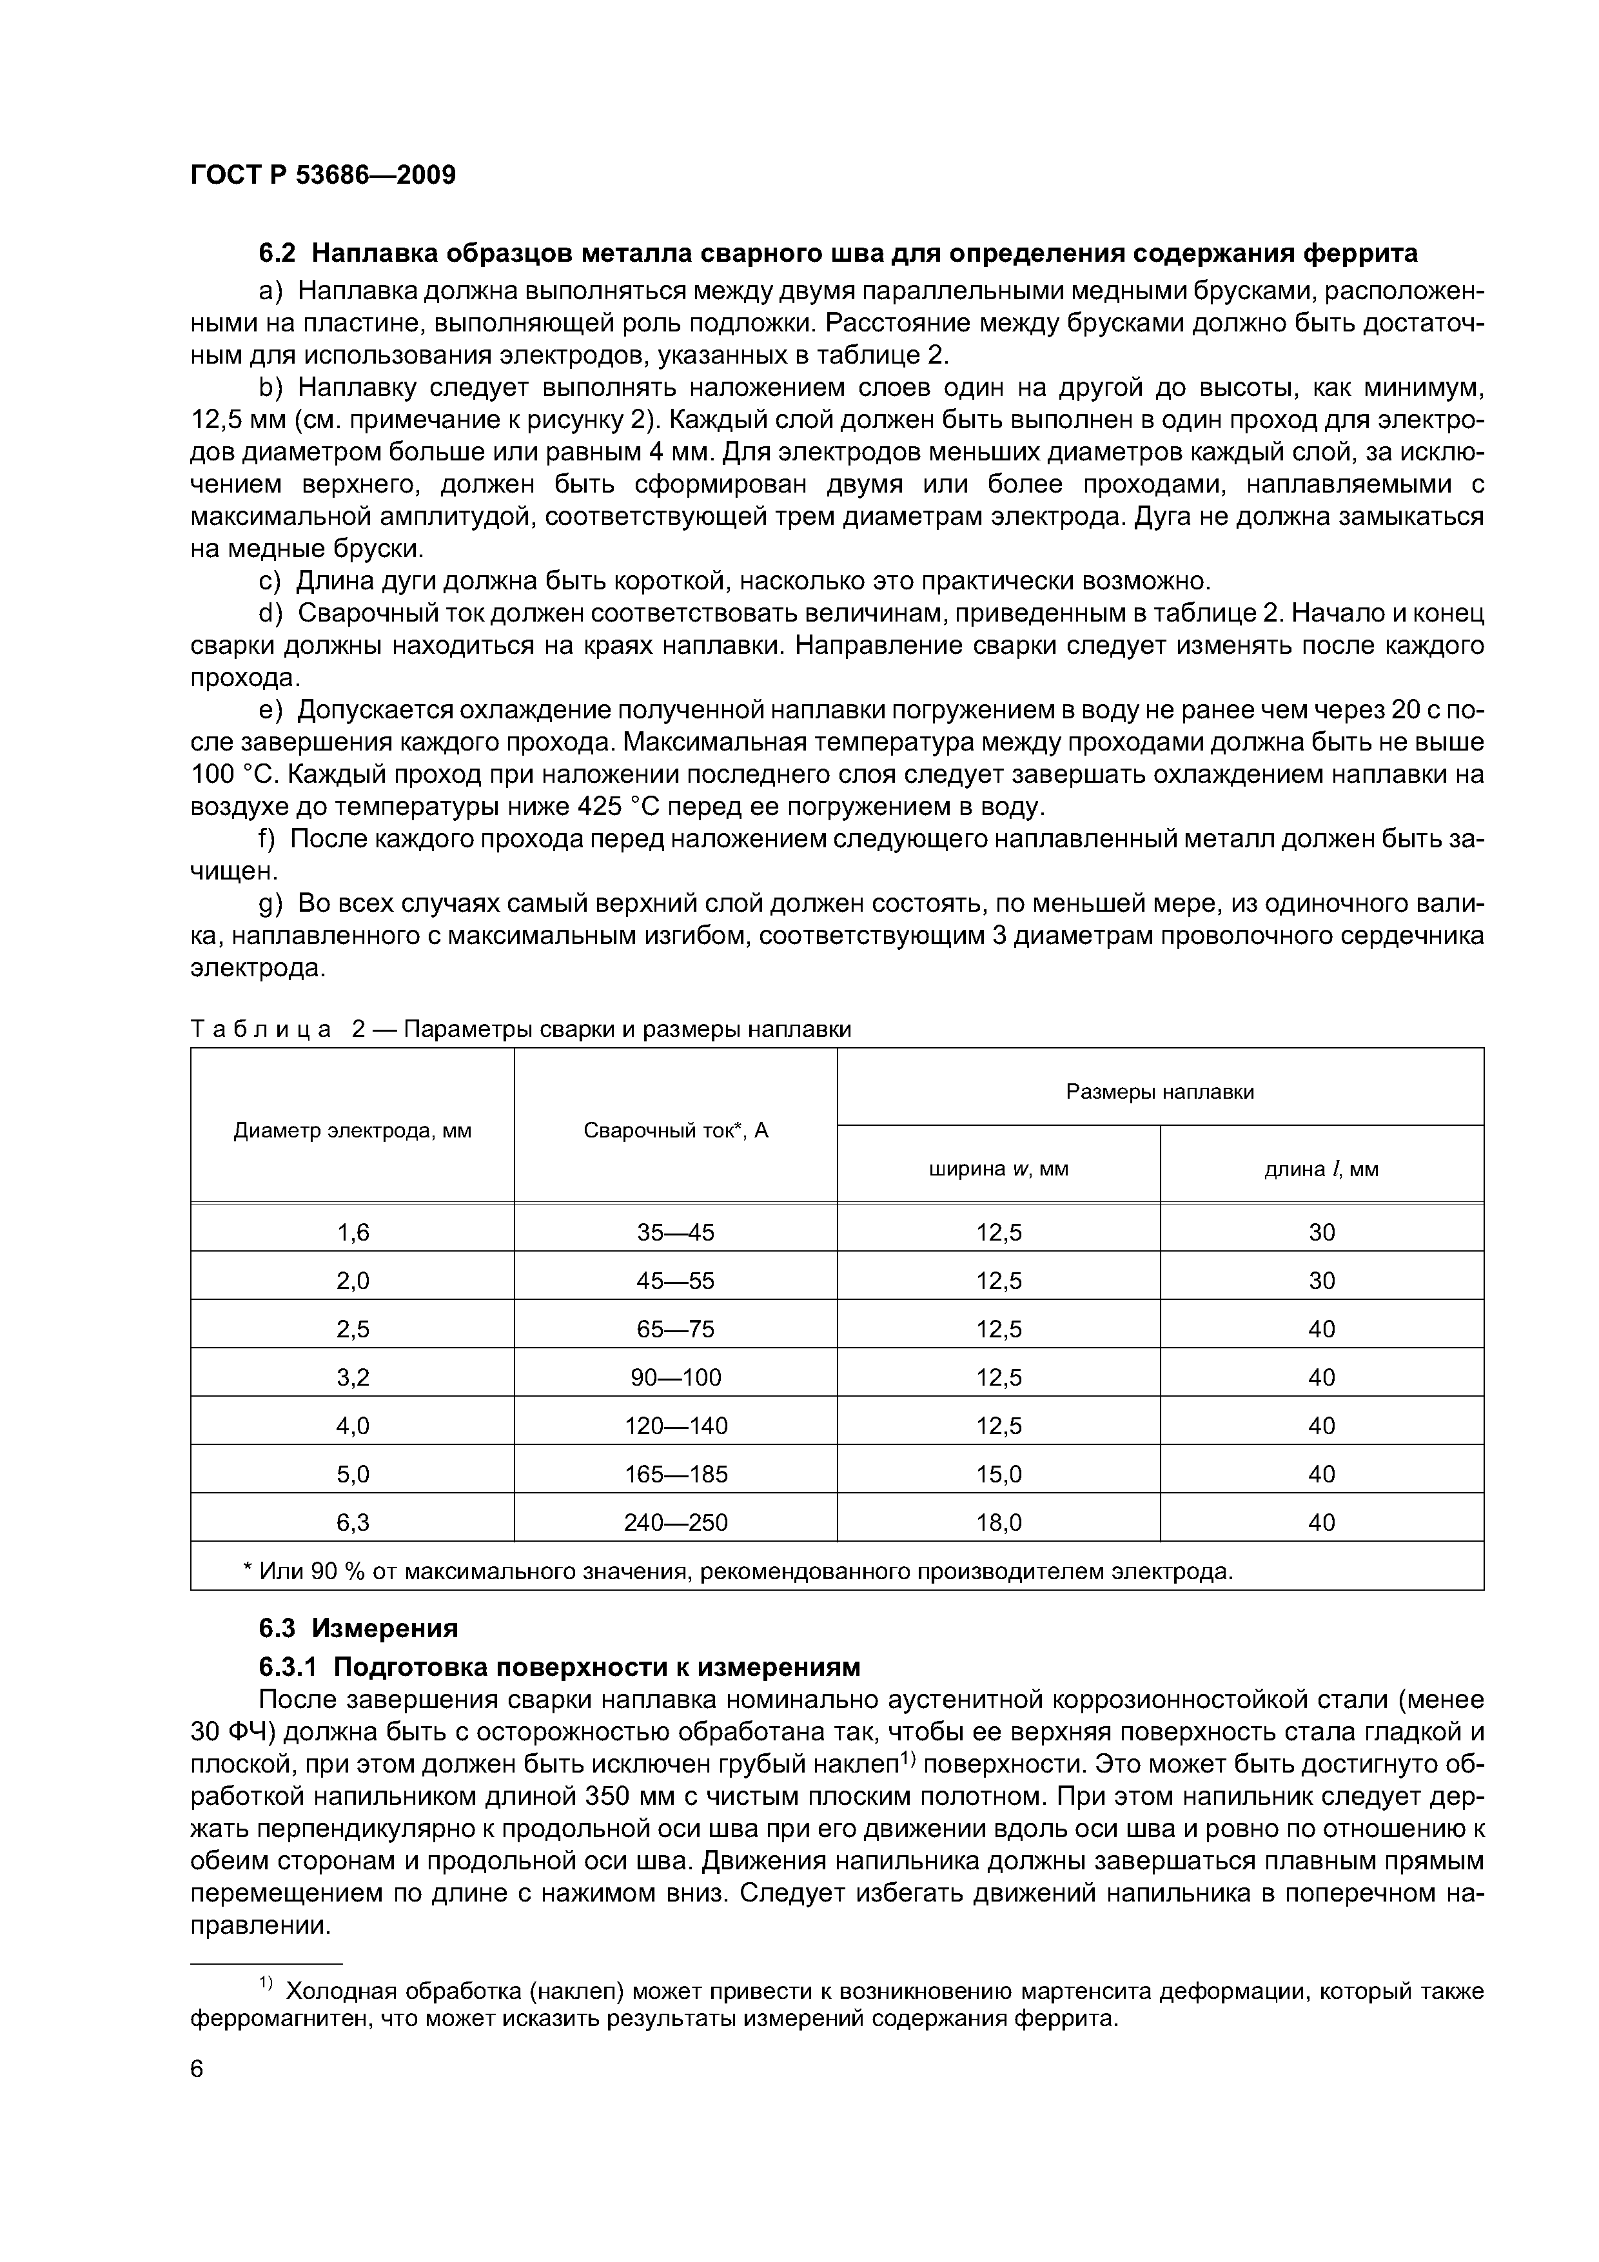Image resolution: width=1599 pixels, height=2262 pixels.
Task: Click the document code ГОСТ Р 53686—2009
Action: pyautogui.click(x=322, y=175)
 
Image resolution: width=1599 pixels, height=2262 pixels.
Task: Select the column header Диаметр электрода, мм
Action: pyautogui.click(x=352, y=1130)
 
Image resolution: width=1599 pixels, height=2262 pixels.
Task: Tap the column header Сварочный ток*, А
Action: pyautogui.click(x=675, y=1130)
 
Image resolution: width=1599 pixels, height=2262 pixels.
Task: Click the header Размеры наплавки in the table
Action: pyautogui.click(x=1159, y=1092)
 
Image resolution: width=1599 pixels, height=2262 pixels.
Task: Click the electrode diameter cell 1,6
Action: pyautogui.click(x=352, y=1232)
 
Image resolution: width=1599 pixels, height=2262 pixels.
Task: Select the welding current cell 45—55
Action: pyautogui.click(x=675, y=1281)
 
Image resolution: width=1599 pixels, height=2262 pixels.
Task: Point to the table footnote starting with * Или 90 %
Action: pyautogui.click(x=737, y=1570)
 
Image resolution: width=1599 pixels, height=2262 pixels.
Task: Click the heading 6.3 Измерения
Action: pyautogui.click(x=358, y=1628)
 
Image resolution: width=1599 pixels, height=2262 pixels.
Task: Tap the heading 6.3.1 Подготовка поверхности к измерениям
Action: pyautogui.click(x=558, y=1666)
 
